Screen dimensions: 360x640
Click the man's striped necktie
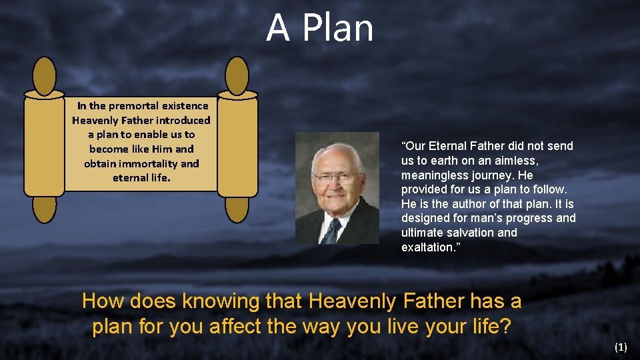coord(331,230)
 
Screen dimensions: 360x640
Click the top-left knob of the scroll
coord(45,76)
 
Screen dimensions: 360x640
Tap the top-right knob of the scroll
coord(237,76)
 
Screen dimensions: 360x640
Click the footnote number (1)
coord(621,347)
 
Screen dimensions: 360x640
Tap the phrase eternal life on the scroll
coord(142,179)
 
